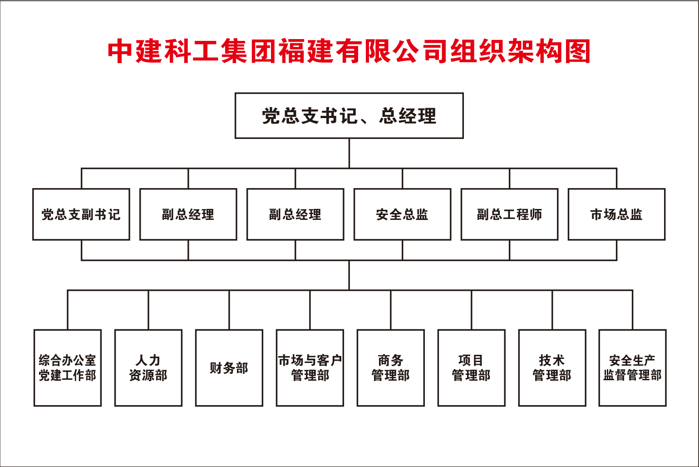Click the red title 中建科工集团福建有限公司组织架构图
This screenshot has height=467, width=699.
point(349,51)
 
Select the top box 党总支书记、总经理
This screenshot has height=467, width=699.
point(349,115)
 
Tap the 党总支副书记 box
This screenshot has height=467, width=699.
point(81,214)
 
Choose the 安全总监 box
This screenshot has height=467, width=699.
point(403,214)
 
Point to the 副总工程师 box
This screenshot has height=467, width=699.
point(510,214)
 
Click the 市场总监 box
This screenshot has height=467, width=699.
point(616,214)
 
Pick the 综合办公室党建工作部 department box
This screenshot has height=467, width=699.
point(68,368)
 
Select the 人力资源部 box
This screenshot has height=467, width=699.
point(148,368)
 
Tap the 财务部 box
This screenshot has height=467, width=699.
point(229,368)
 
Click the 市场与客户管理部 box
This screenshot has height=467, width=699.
point(310,368)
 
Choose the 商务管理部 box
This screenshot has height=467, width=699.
point(391,368)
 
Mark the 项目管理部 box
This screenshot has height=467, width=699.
point(472,368)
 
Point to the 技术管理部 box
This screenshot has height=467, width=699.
point(552,368)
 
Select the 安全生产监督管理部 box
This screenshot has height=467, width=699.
point(633,368)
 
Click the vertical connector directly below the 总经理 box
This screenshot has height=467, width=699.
point(349,154)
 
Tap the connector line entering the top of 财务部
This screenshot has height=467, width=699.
point(229,310)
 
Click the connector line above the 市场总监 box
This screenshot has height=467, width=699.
point(616,179)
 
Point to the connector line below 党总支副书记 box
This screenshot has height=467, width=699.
point(81,250)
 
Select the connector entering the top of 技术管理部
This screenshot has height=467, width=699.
point(552,310)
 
